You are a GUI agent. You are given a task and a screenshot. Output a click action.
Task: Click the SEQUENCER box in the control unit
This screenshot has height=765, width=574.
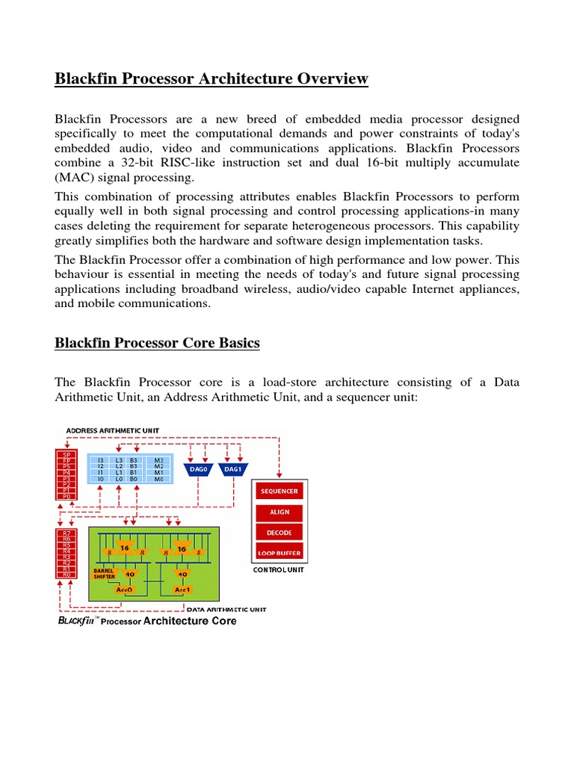tap(279, 492)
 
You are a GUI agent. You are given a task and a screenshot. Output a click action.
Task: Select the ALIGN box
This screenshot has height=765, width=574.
tap(279, 512)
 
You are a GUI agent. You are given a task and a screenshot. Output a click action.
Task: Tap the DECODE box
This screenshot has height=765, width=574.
tap(279, 533)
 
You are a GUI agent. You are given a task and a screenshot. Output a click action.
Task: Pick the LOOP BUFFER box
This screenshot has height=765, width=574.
tap(279, 554)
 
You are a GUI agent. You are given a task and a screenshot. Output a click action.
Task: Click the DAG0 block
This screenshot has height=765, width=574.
tap(198, 469)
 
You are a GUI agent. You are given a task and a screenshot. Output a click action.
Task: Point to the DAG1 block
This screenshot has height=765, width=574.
tap(233, 469)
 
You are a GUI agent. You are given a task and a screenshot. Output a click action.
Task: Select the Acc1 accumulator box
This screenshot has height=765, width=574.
tap(182, 589)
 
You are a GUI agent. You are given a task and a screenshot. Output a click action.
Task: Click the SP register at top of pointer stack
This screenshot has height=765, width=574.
tap(67, 454)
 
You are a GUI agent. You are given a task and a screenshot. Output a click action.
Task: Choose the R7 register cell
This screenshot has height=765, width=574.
tap(67, 533)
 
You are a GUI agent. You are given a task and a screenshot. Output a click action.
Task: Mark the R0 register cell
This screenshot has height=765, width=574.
tap(67, 574)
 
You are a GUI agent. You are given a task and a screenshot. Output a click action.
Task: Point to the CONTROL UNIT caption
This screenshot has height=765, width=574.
tap(279, 569)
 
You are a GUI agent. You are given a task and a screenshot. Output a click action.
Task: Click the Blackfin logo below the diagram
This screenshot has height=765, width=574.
tap(78, 620)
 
